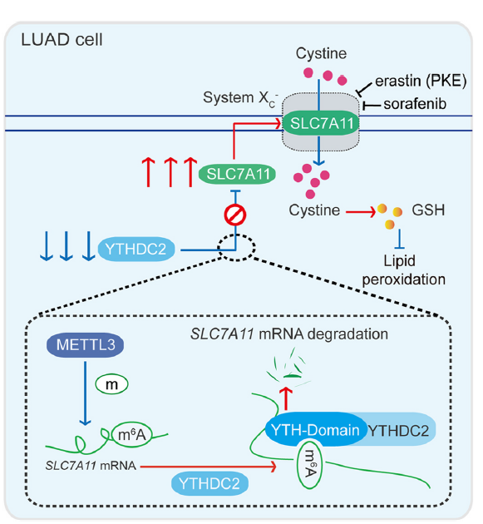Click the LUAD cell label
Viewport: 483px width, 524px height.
point(62,40)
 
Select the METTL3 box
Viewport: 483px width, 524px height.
point(85,345)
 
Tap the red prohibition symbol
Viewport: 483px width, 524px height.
point(235,215)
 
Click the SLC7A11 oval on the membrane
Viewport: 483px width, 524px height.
point(321,123)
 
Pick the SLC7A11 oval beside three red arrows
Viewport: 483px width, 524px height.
point(237,174)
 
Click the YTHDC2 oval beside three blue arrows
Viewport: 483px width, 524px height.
point(136,250)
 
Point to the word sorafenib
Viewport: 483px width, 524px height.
point(415,104)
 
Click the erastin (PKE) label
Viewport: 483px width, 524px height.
point(421,82)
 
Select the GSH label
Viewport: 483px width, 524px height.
point(428,210)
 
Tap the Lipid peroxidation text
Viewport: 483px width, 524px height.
point(403,270)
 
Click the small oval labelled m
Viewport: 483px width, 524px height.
point(111,384)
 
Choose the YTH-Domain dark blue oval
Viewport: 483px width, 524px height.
point(314,429)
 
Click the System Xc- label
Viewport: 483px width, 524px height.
point(240,99)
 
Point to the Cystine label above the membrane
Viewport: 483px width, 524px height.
point(321,53)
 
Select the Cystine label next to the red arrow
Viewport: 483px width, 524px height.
point(314,210)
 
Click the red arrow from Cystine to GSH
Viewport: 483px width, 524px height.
point(361,211)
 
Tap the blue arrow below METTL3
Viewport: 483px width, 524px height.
point(85,393)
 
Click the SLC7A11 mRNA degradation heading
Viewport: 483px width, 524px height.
point(289,334)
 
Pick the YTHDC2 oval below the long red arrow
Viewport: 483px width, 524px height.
point(209,483)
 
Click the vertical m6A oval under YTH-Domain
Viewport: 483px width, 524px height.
point(309,464)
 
